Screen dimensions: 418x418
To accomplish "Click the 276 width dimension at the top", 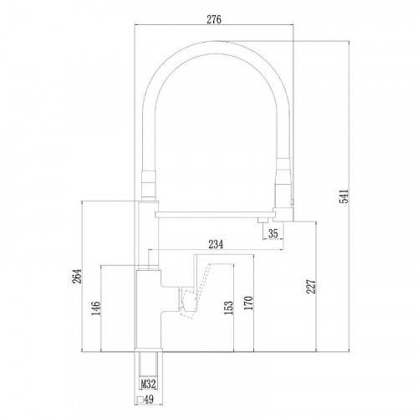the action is [x=214, y=20].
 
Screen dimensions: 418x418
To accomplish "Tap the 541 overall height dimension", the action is [x=344, y=196].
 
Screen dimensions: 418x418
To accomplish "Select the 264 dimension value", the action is [x=77, y=276].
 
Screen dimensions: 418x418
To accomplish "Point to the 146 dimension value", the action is [x=96, y=308].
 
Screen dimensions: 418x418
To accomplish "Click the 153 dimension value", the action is [x=228, y=308].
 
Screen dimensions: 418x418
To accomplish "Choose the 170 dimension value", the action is [x=248, y=303].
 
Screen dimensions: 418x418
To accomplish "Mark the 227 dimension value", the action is [x=311, y=287].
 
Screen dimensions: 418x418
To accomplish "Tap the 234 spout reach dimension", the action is [x=216, y=244].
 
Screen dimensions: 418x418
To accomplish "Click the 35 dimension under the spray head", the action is [x=273, y=233].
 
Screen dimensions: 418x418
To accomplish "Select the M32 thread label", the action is [x=148, y=385].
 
